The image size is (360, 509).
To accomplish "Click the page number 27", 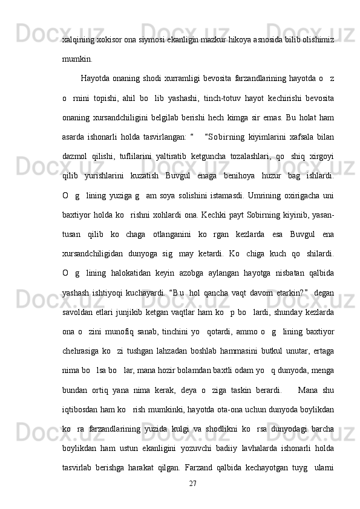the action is tap(194, 483).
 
